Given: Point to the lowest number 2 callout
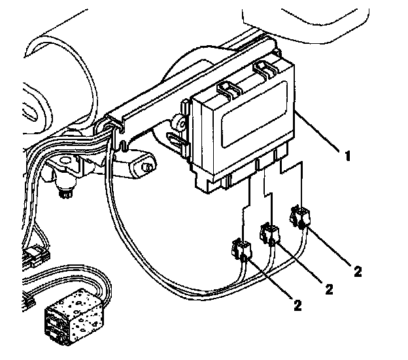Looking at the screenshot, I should (x=298, y=304).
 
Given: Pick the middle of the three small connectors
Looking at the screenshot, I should (x=269, y=232).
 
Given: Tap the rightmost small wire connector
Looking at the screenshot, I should (x=301, y=217).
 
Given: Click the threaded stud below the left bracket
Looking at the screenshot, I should (x=65, y=191).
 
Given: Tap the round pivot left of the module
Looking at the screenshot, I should (x=176, y=122).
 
